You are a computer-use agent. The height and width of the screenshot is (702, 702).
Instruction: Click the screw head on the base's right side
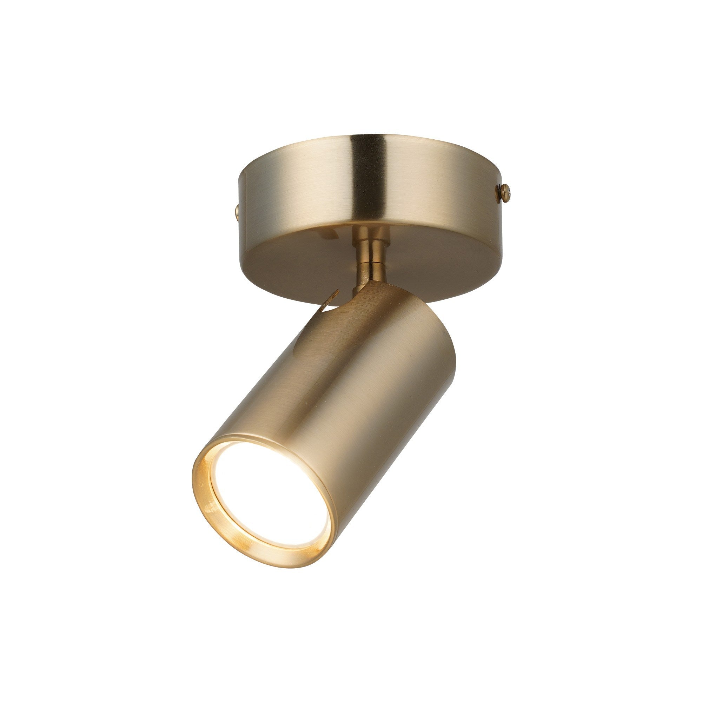click(x=506, y=192)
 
